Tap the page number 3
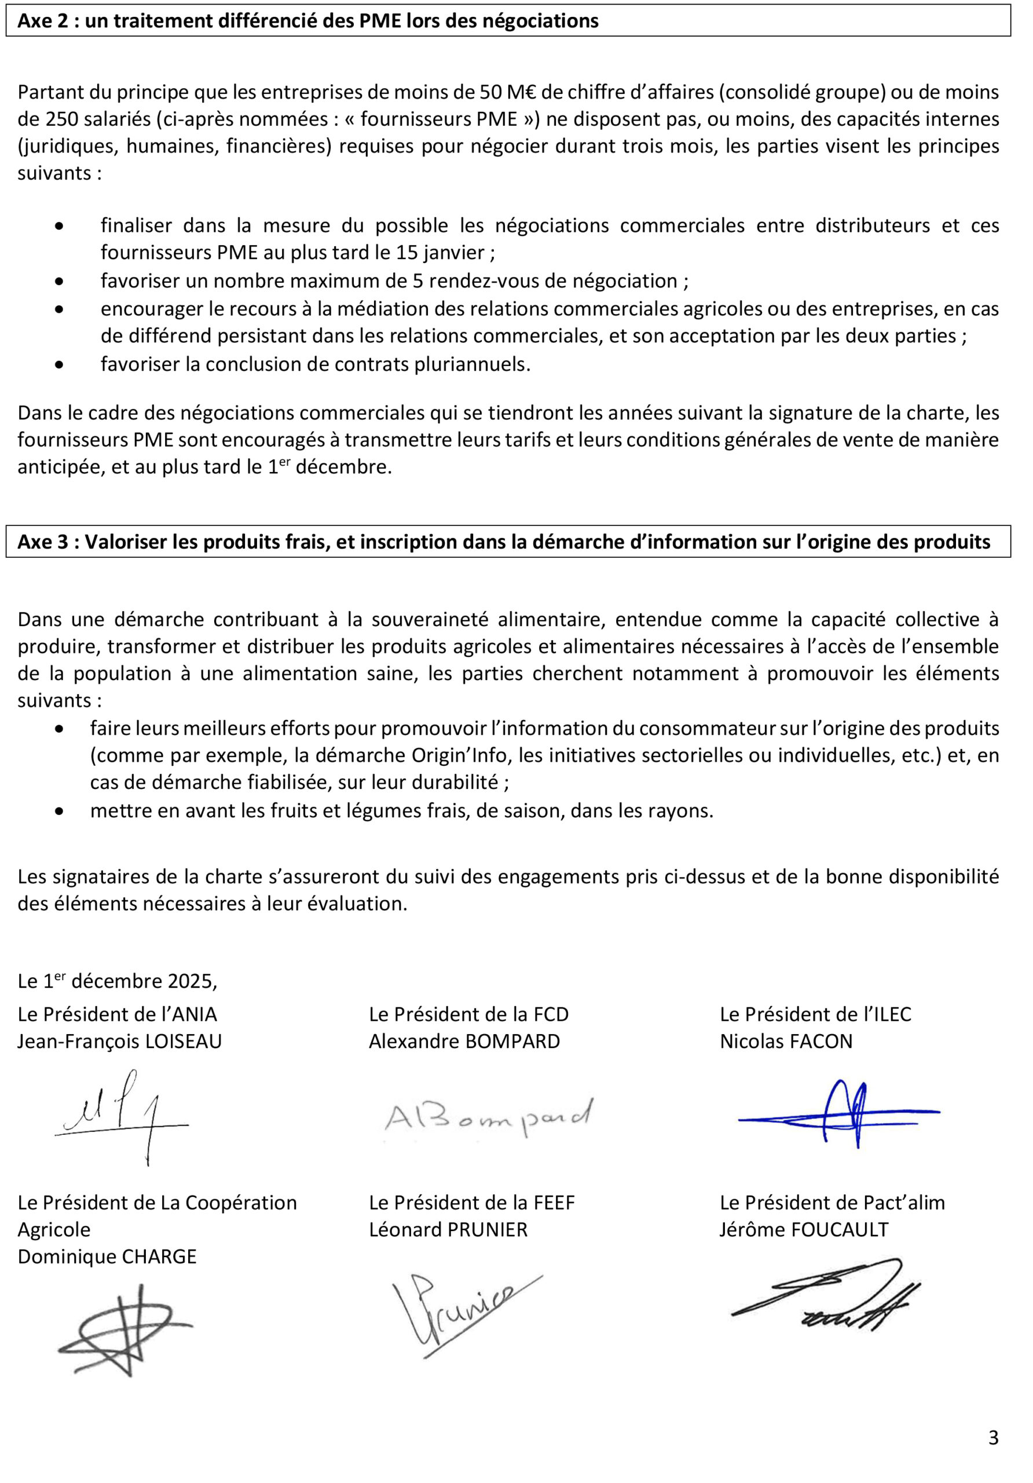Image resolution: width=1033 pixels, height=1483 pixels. tap(993, 1438)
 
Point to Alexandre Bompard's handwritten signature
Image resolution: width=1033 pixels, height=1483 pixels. tap(488, 1118)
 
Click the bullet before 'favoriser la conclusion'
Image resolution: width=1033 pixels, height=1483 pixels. tap(60, 365)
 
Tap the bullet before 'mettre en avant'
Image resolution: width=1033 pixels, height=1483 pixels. tap(60, 810)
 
